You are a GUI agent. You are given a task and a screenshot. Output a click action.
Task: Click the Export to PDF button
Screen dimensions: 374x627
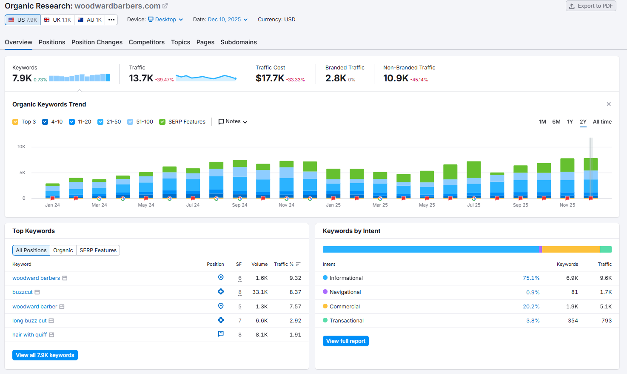click(590, 6)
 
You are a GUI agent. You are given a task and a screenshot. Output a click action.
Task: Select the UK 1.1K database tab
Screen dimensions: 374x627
click(57, 20)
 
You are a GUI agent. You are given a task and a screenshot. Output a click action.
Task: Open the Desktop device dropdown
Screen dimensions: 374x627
click(165, 20)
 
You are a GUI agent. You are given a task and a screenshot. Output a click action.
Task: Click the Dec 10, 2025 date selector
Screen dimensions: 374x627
click(227, 20)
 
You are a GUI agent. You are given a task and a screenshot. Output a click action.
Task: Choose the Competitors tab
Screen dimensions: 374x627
click(146, 42)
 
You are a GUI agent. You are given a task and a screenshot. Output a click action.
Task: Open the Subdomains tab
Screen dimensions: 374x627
click(238, 42)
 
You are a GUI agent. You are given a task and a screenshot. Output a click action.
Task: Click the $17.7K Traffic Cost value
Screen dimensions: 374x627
click(270, 78)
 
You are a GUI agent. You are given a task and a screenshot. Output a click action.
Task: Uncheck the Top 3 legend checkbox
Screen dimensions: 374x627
click(16, 122)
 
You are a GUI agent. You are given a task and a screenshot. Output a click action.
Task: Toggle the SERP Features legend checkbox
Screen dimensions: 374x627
click(162, 122)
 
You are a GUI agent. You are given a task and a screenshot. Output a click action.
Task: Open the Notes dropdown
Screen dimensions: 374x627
click(233, 122)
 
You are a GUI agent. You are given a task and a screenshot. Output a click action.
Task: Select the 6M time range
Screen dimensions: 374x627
click(556, 122)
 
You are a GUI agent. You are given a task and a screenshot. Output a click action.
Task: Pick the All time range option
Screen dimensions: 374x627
click(602, 122)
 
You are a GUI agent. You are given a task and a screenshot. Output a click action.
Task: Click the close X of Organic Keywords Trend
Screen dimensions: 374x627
click(608, 104)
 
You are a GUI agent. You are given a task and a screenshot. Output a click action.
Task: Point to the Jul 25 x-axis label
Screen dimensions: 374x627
click(473, 205)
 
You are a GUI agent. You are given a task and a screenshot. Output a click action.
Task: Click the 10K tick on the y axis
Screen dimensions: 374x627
click(21, 147)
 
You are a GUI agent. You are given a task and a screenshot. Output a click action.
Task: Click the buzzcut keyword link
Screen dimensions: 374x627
click(23, 292)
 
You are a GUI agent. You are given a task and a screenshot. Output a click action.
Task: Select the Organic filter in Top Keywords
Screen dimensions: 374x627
click(63, 250)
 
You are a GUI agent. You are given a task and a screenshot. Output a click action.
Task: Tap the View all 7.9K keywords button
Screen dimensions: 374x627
click(45, 355)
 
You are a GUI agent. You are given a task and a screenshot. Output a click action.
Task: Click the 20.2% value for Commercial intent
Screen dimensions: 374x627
click(531, 307)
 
